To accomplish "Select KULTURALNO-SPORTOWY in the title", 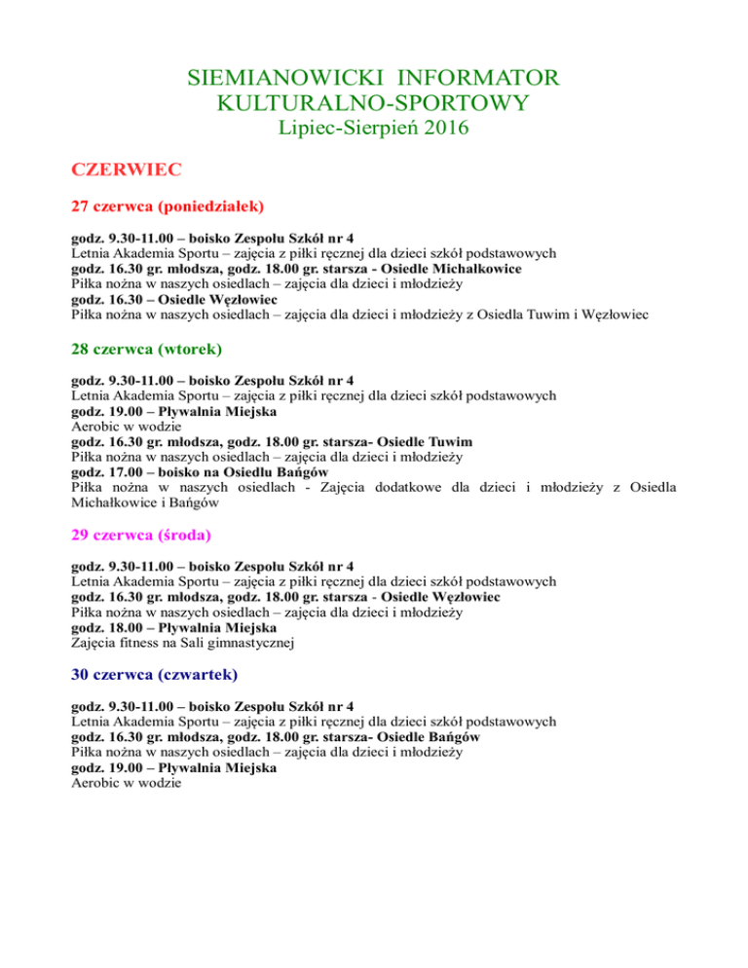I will coord(374,102).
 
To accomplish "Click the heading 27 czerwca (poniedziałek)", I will coord(169,206).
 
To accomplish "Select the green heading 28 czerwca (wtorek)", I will coord(147,348).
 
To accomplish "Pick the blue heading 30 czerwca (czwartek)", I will coord(155,673).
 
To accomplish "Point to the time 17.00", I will coord(122,472).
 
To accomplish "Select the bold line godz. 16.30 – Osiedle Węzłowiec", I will coord(191,299).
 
